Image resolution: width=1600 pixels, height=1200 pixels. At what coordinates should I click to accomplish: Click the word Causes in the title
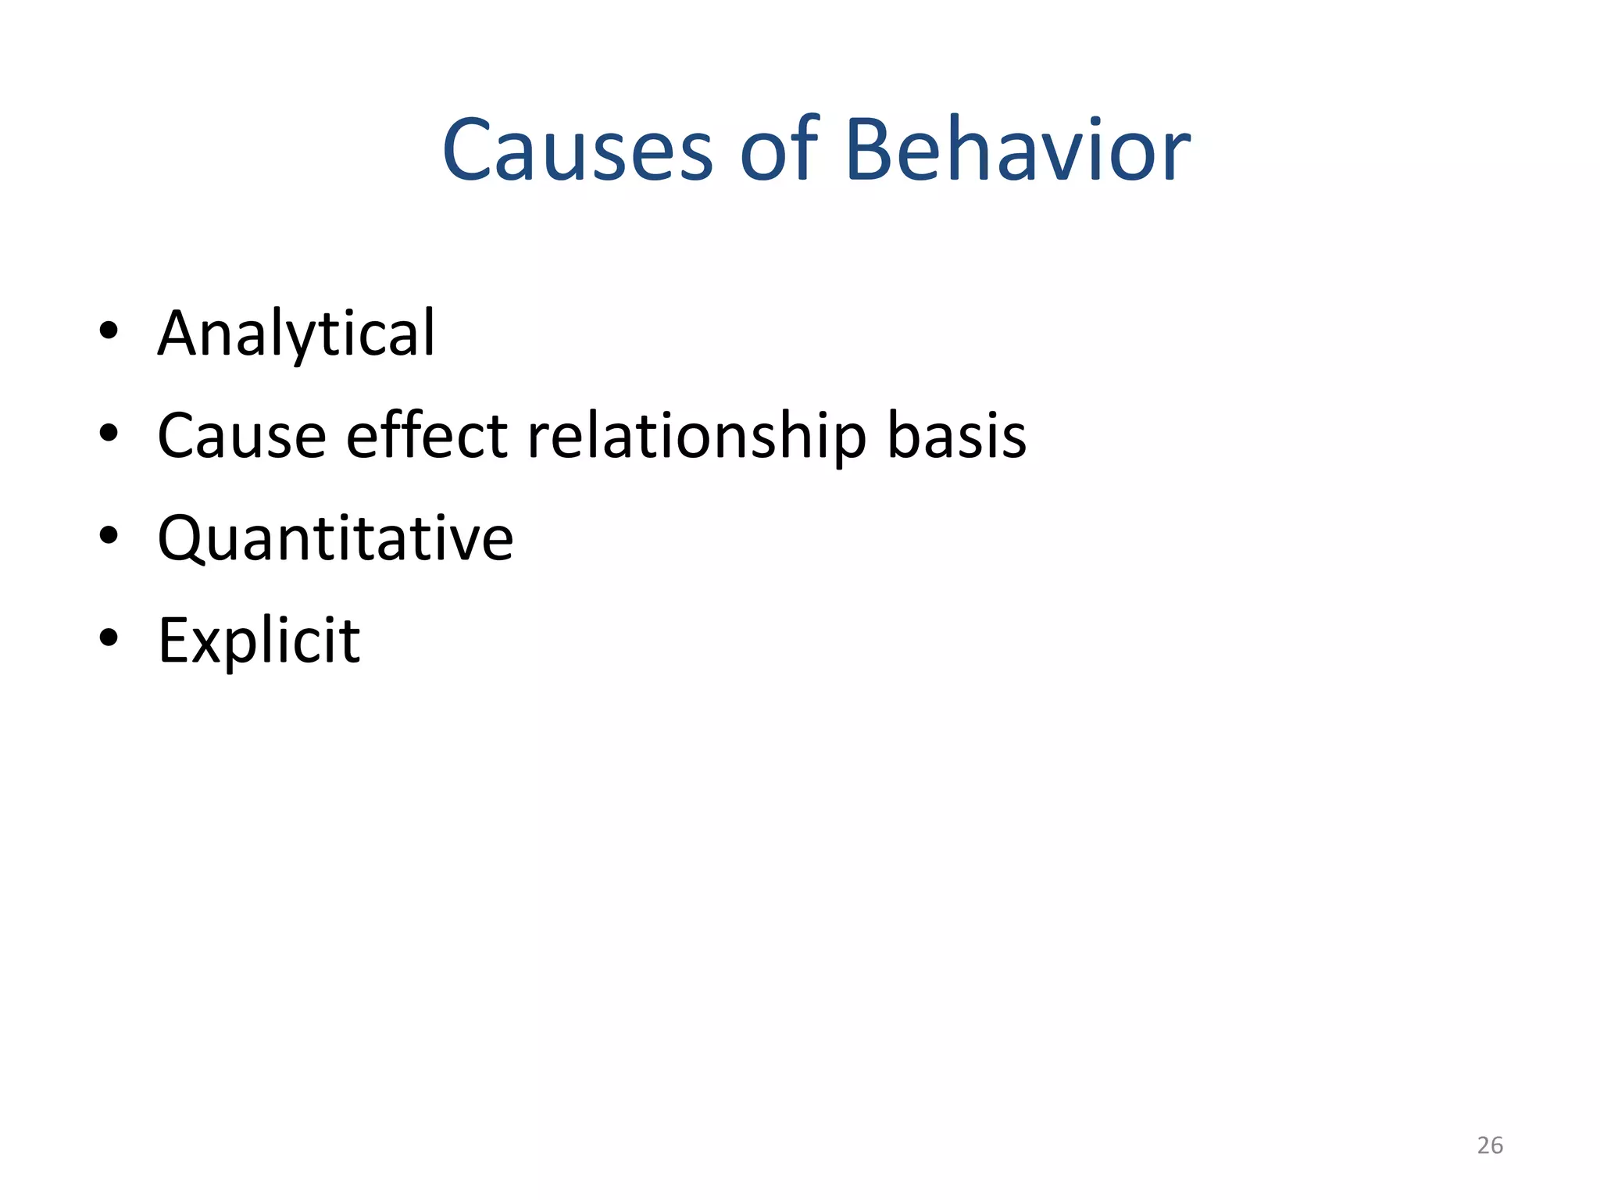coord(577,151)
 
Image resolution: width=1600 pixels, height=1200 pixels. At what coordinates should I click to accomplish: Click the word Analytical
coord(296,334)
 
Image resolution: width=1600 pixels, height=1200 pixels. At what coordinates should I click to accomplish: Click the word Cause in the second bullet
coord(241,436)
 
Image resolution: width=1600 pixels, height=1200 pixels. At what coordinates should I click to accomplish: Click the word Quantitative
coord(335,538)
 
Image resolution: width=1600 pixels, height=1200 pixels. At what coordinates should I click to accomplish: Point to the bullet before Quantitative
coord(109,535)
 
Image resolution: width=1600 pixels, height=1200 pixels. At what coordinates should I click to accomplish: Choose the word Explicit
coord(259,641)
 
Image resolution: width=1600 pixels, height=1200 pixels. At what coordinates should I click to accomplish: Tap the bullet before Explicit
coord(109,637)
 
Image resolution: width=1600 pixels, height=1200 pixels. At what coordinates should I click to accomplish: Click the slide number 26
coord(1489,1145)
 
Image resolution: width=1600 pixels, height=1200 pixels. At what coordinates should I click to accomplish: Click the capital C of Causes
coord(470,151)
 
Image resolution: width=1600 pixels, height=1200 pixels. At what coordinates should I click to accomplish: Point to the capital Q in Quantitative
coord(182,538)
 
